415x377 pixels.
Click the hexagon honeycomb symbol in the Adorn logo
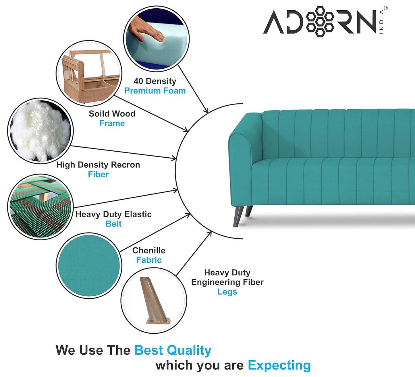click(x=320, y=22)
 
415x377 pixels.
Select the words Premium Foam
click(x=155, y=91)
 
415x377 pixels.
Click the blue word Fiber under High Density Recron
click(x=98, y=174)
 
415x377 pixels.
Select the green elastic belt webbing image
click(x=40, y=207)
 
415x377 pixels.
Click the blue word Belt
click(x=113, y=224)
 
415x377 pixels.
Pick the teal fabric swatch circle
click(x=89, y=266)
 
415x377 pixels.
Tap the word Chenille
click(x=149, y=250)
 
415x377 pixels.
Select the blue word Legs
click(x=227, y=292)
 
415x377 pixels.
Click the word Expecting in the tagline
click(x=279, y=365)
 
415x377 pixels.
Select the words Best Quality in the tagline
click(x=173, y=350)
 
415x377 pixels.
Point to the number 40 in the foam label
click(x=138, y=81)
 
